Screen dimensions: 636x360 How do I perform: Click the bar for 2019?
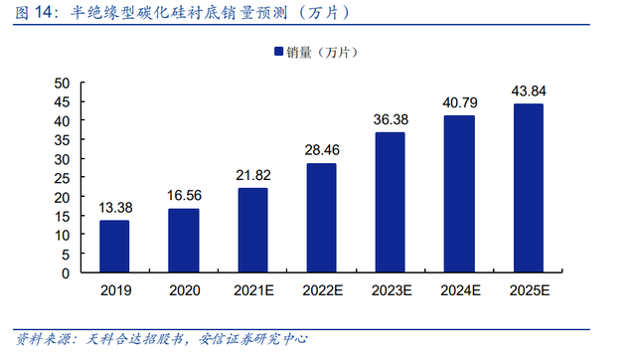[x=114, y=246]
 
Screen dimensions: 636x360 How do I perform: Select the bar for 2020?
[x=184, y=241]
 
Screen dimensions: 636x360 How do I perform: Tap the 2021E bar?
[x=252, y=230]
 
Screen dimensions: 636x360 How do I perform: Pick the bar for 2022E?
[x=322, y=218]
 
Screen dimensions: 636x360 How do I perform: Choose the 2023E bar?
[x=391, y=202]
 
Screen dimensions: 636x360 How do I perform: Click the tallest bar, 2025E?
[x=529, y=188]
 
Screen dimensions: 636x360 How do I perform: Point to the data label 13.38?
[x=115, y=208]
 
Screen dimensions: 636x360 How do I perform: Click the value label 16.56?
[x=184, y=196]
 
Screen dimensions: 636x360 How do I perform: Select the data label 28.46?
[x=322, y=150]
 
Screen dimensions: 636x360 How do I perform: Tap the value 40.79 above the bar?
[x=460, y=102]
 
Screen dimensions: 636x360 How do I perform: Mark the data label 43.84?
[x=529, y=90]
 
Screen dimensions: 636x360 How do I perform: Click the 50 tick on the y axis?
[x=62, y=84]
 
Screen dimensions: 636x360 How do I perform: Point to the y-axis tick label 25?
[x=62, y=178]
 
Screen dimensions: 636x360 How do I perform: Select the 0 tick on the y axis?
[x=66, y=273]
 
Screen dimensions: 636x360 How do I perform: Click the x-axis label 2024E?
[x=460, y=290]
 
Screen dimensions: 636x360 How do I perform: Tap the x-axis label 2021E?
[x=253, y=290]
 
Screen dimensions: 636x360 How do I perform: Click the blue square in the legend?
[x=278, y=51]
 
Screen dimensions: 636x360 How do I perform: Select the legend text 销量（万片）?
[x=322, y=52]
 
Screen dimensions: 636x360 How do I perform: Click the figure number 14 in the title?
[x=44, y=12]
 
